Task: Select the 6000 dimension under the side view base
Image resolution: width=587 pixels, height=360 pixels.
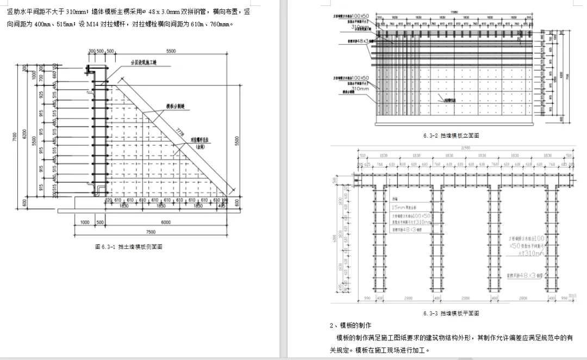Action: (x=166, y=222)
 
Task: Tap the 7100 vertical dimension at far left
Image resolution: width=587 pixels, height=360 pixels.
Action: (x=15, y=139)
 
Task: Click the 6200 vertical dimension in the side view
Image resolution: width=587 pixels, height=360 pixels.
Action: (x=24, y=132)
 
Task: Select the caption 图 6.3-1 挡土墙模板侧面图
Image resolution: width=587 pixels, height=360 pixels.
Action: (x=129, y=246)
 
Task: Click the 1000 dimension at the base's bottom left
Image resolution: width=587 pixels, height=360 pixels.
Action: (x=85, y=222)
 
